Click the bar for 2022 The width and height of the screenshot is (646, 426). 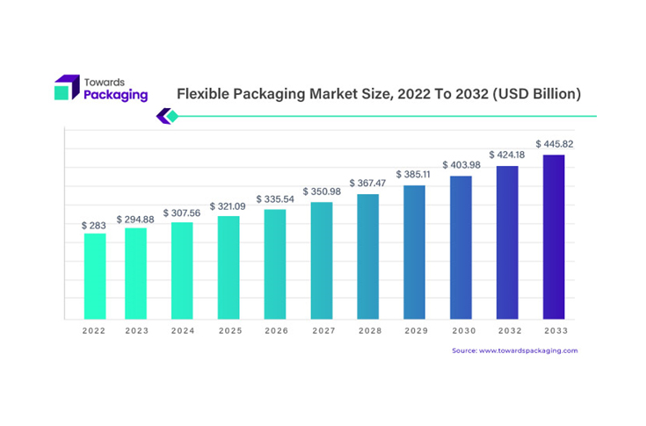[x=94, y=276]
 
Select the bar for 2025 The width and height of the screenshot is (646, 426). [x=229, y=268]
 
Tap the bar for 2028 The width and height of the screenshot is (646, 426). [x=367, y=256]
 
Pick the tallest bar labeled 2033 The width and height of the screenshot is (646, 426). [x=554, y=237]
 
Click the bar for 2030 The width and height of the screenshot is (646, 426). [x=461, y=248]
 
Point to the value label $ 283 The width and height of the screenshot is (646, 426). [x=94, y=226]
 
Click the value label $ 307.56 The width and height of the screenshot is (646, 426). [x=182, y=213]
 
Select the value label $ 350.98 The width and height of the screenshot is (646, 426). [x=322, y=191]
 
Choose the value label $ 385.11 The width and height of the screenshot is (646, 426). [x=414, y=174]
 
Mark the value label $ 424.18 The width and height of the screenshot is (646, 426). [x=507, y=155]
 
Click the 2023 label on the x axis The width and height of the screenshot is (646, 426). [x=135, y=331]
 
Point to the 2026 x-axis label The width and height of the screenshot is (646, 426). [x=274, y=331]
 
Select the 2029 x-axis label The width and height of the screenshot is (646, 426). [x=414, y=331]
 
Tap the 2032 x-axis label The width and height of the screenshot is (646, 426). [x=507, y=331]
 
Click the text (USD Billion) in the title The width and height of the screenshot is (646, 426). [x=533, y=93]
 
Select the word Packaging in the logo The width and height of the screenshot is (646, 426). [x=115, y=95]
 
